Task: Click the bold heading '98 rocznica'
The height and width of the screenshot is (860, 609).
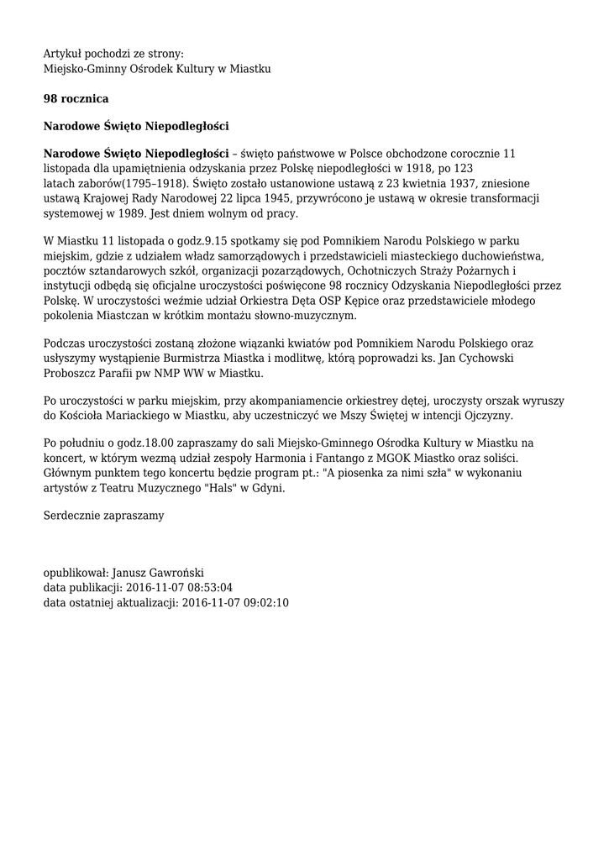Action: (76, 99)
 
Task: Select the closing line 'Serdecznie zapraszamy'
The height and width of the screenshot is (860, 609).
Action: (104, 515)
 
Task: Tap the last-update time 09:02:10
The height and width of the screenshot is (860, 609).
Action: (261, 603)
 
